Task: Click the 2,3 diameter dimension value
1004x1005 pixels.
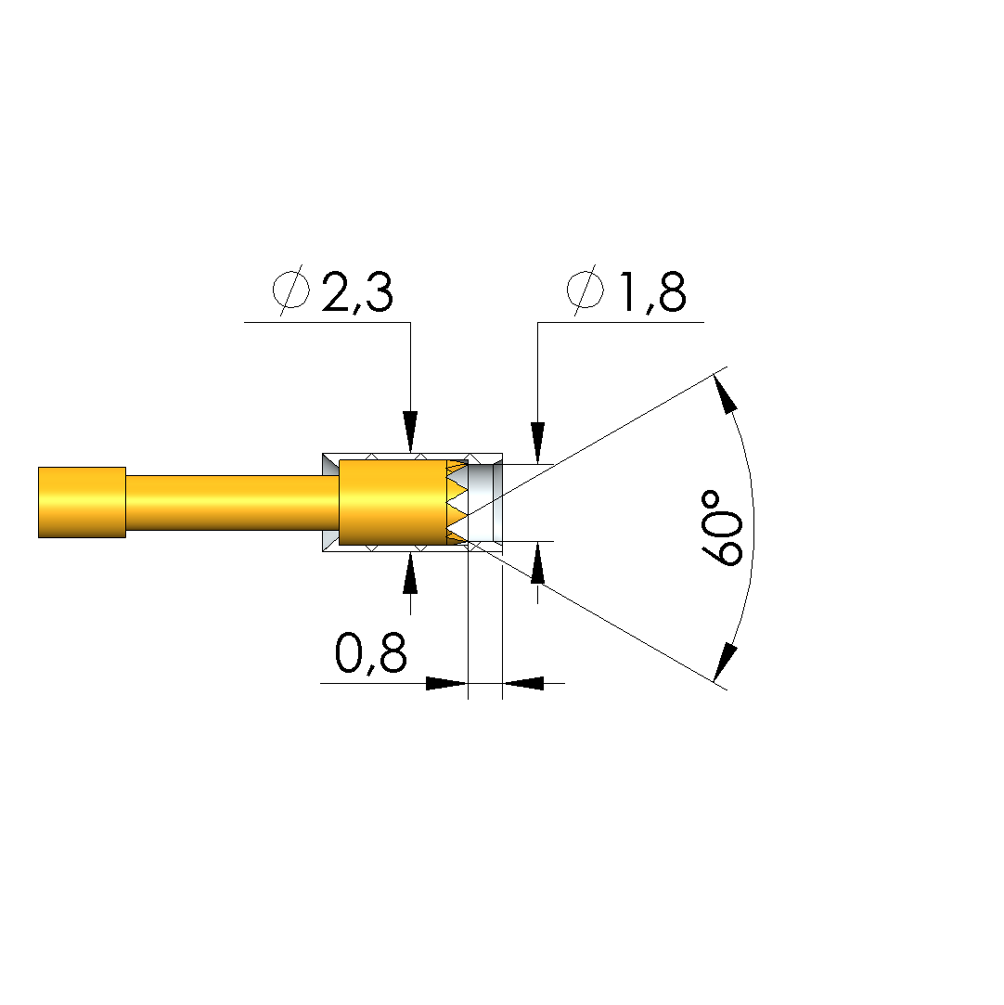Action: coord(357,292)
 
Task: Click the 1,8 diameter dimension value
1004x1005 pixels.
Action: coord(651,292)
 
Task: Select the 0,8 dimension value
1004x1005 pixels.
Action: coord(371,653)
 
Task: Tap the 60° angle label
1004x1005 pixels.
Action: coord(722,528)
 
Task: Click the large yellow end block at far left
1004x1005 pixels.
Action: coord(82,503)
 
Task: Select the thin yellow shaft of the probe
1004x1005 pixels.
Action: coord(232,503)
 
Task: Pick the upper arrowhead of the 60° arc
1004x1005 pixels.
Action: coord(725,393)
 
